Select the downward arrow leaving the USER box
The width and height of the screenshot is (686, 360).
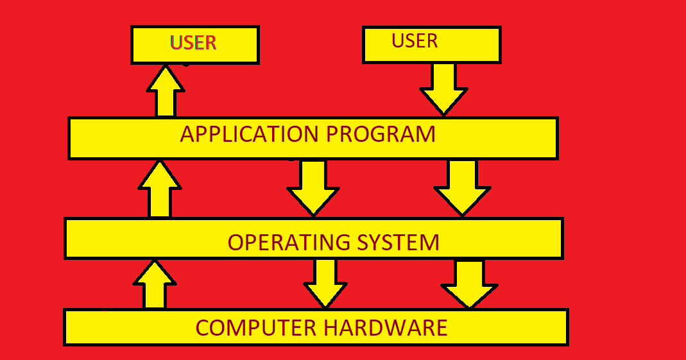coord(443,89)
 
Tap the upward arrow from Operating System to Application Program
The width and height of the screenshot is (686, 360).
coord(159,189)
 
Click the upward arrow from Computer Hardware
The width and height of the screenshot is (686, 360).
coord(154,284)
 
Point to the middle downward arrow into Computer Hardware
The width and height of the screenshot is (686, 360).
coord(325,283)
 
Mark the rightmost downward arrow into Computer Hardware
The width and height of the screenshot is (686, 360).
coord(469,283)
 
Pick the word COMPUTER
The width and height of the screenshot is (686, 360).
coord(256,328)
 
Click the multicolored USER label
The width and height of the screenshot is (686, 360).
coord(193,43)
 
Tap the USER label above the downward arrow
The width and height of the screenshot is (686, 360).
coord(415,41)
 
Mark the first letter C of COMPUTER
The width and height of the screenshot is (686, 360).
coord(203,328)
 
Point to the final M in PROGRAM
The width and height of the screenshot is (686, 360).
coord(424,135)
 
